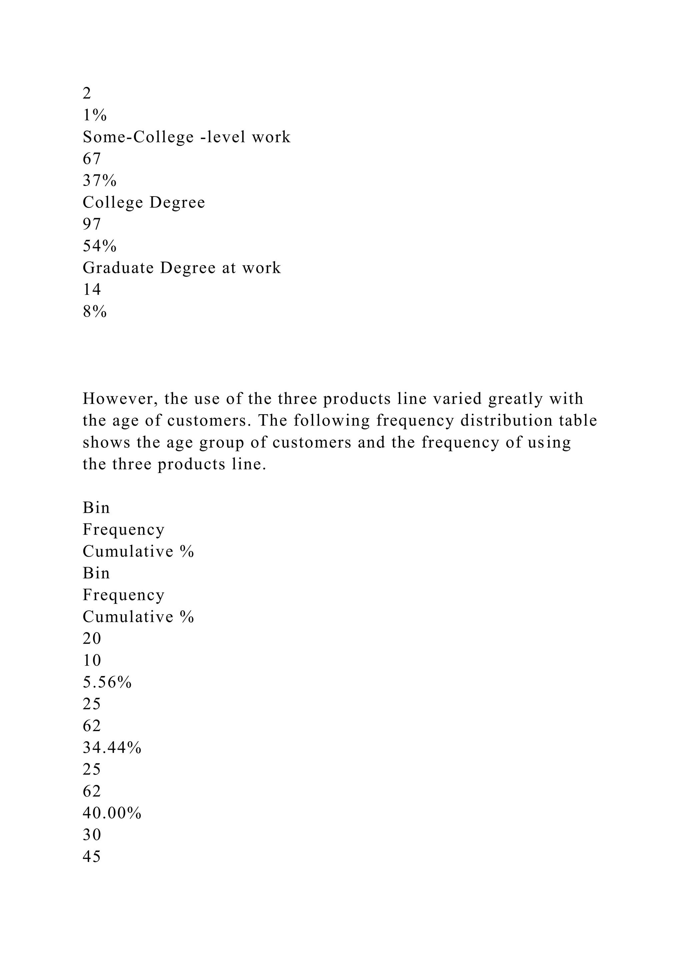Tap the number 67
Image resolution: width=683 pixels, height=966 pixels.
click(92, 159)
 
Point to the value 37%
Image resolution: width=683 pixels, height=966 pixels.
click(99, 180)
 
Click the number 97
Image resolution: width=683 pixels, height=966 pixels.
click(92, 224)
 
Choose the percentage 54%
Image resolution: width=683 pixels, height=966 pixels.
click(99, 246)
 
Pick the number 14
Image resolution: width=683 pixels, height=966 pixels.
click(92, 290)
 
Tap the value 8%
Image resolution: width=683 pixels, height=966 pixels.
click(95, 312)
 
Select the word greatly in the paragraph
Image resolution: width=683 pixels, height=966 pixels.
click(516, 399)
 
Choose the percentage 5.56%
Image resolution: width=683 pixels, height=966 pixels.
click(107, 682)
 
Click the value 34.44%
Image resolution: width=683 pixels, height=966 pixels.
click(112, 748)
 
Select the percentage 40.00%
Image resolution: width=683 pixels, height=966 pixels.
click(112, 813)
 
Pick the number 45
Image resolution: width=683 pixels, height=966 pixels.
click(92, 857)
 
